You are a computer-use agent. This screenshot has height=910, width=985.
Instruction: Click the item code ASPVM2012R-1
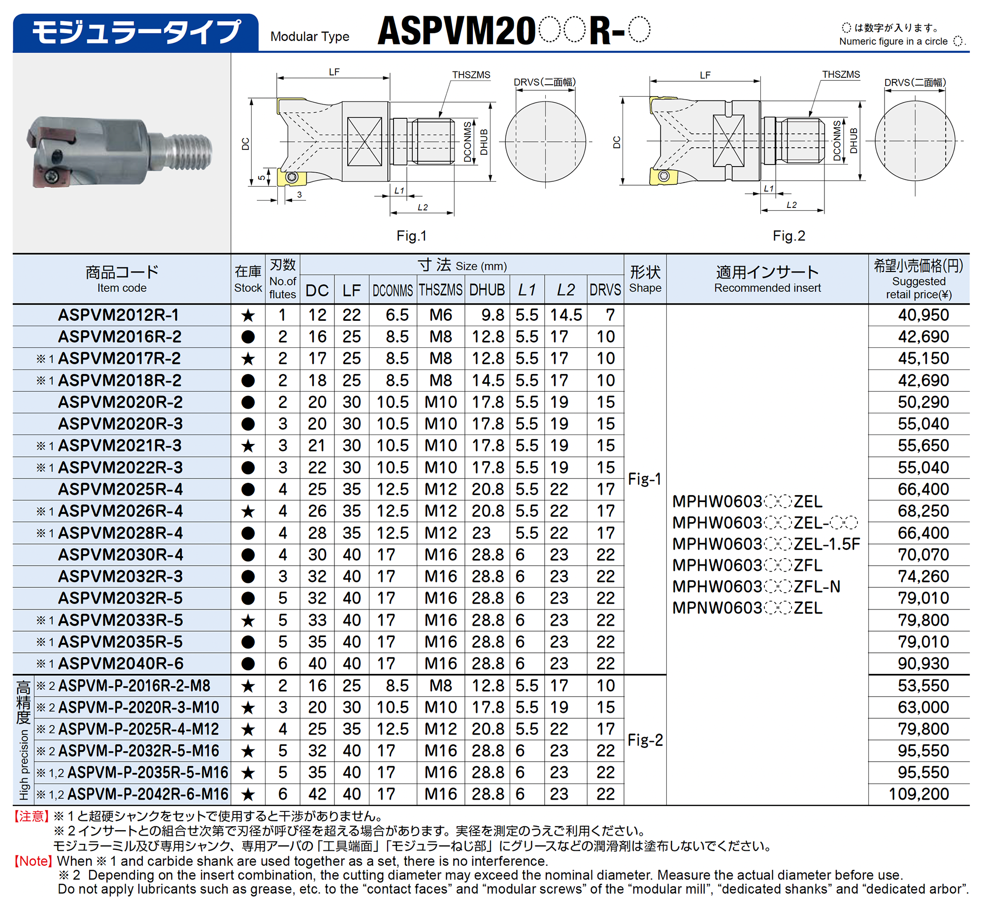point(118,315)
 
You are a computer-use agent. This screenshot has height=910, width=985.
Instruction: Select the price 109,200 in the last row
point(919,794)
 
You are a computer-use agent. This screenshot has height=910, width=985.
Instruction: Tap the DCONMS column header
point(393,290)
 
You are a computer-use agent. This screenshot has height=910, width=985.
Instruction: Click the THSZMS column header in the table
point(440,290)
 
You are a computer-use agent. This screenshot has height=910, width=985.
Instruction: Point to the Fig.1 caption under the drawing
point(411,236)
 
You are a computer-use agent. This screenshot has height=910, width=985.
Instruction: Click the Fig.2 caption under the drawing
point(788,236)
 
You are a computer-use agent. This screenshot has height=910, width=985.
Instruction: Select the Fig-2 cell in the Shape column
point(645,740)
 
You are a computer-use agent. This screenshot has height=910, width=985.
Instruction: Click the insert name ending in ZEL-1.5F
point(766,544)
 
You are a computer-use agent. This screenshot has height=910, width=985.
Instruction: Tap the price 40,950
point(923,315)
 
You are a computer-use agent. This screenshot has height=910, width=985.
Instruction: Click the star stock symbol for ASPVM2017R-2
point(248,359)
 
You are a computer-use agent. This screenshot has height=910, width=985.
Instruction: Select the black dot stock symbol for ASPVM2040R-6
point(248,664)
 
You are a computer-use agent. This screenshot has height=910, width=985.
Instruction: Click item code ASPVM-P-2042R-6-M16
point(148,794)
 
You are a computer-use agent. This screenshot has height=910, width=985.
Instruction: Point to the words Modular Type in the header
point(310,36)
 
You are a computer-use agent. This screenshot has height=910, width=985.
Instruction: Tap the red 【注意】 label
point(31,816)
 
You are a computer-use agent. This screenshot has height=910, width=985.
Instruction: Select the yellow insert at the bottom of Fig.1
point(292,178)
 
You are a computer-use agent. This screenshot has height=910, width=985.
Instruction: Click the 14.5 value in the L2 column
point(566,315)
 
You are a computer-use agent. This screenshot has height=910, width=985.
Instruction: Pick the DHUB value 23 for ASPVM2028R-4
point(481,533)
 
